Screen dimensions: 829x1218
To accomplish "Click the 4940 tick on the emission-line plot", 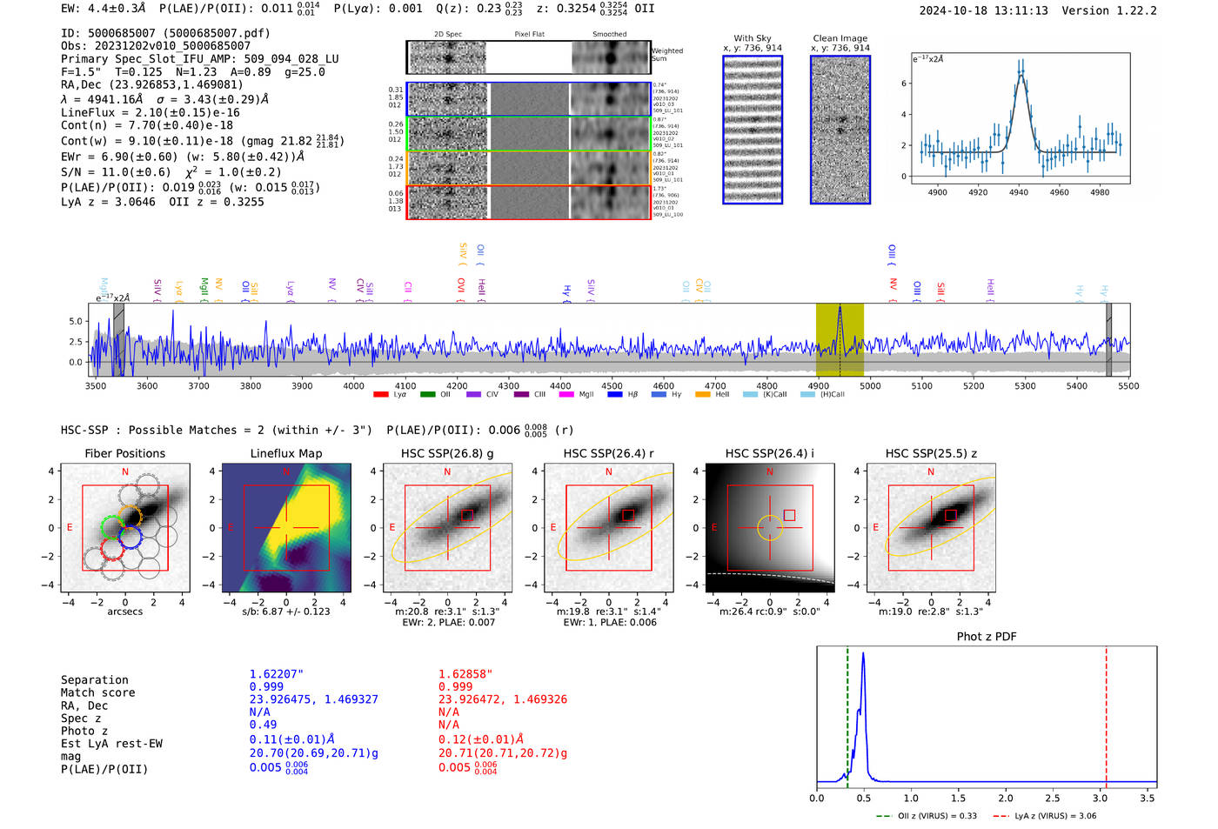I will [x=1019, y=192].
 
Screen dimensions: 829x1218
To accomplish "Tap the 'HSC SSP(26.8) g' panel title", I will [x=447, y=453].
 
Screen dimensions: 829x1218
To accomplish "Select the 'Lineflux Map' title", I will [x=285, y=453].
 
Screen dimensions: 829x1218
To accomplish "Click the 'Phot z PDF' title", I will [x=987, y=637].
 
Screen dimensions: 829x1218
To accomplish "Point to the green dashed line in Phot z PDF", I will [x=847, y=713].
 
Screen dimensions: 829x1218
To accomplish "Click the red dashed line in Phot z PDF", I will [x=1106, y=713].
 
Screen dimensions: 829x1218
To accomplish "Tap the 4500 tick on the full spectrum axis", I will [x=612, y=386].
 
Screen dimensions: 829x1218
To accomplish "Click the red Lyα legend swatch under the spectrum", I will [x=381, y=395].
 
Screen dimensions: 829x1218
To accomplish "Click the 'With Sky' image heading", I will [x=753, y=38].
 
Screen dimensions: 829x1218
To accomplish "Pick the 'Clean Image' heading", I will [x=840, y=38].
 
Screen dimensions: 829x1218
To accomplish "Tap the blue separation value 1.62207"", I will [x=277, y=674].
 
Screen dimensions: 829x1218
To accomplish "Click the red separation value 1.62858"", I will [x=465, y=674].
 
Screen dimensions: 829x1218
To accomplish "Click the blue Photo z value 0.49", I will [x=263, y=725].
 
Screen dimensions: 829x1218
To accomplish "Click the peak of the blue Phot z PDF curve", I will [x=863, y=653].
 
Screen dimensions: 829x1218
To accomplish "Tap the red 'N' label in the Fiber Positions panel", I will [x=125, y=472].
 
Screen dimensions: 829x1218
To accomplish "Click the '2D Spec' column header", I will [x=448, y=35].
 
